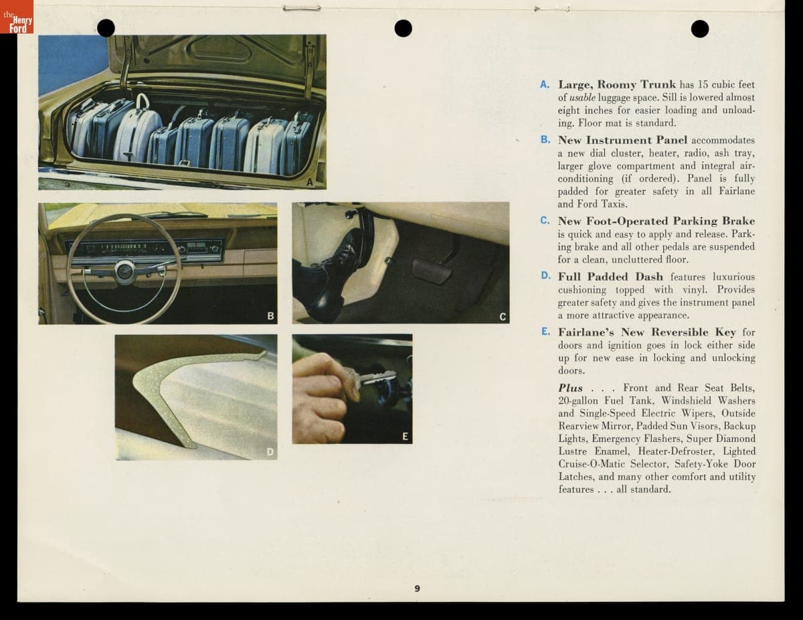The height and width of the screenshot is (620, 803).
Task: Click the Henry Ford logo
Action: click(17, 17)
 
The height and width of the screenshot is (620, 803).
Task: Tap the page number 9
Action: click(417, 589)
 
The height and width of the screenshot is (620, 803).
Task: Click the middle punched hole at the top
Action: click(403, 29)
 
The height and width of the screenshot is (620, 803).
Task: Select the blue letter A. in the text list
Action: click(545, 84)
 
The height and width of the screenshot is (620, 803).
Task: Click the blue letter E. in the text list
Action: click(545, 331)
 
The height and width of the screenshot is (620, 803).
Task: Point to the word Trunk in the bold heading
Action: click(658, 84)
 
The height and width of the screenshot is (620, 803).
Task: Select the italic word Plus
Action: click(571, 388)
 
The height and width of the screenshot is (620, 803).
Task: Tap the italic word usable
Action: click(582, 98)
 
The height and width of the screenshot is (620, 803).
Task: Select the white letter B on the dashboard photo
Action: click(270, 316)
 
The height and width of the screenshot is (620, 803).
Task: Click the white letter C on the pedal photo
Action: click(502, 317)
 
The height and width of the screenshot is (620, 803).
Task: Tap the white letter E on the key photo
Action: click(405, 437)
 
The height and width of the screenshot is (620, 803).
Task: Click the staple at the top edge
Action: click(302, 8)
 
